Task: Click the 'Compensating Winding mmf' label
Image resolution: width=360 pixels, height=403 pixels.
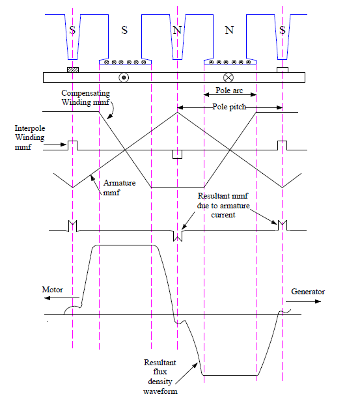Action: coord(87,98)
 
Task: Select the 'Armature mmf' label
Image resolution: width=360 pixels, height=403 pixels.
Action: coord(117,188)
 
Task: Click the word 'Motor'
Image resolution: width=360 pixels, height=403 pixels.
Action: coord(53,290)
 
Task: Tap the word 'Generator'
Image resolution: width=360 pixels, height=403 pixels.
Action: coord(308,292)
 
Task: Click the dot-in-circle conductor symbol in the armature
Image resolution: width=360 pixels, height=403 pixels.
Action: coord(124,77)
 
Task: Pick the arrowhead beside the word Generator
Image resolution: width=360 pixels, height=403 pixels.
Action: coord(320,303)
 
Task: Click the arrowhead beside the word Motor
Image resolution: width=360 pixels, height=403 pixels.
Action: coord(46,300)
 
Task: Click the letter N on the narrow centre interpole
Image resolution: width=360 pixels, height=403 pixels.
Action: coord(177,30)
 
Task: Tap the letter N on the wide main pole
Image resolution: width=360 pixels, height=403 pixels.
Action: coord(229,30)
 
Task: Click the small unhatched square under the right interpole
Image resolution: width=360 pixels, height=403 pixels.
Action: coord(282,70)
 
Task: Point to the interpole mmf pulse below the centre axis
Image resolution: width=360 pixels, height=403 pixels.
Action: coord(176,154)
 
